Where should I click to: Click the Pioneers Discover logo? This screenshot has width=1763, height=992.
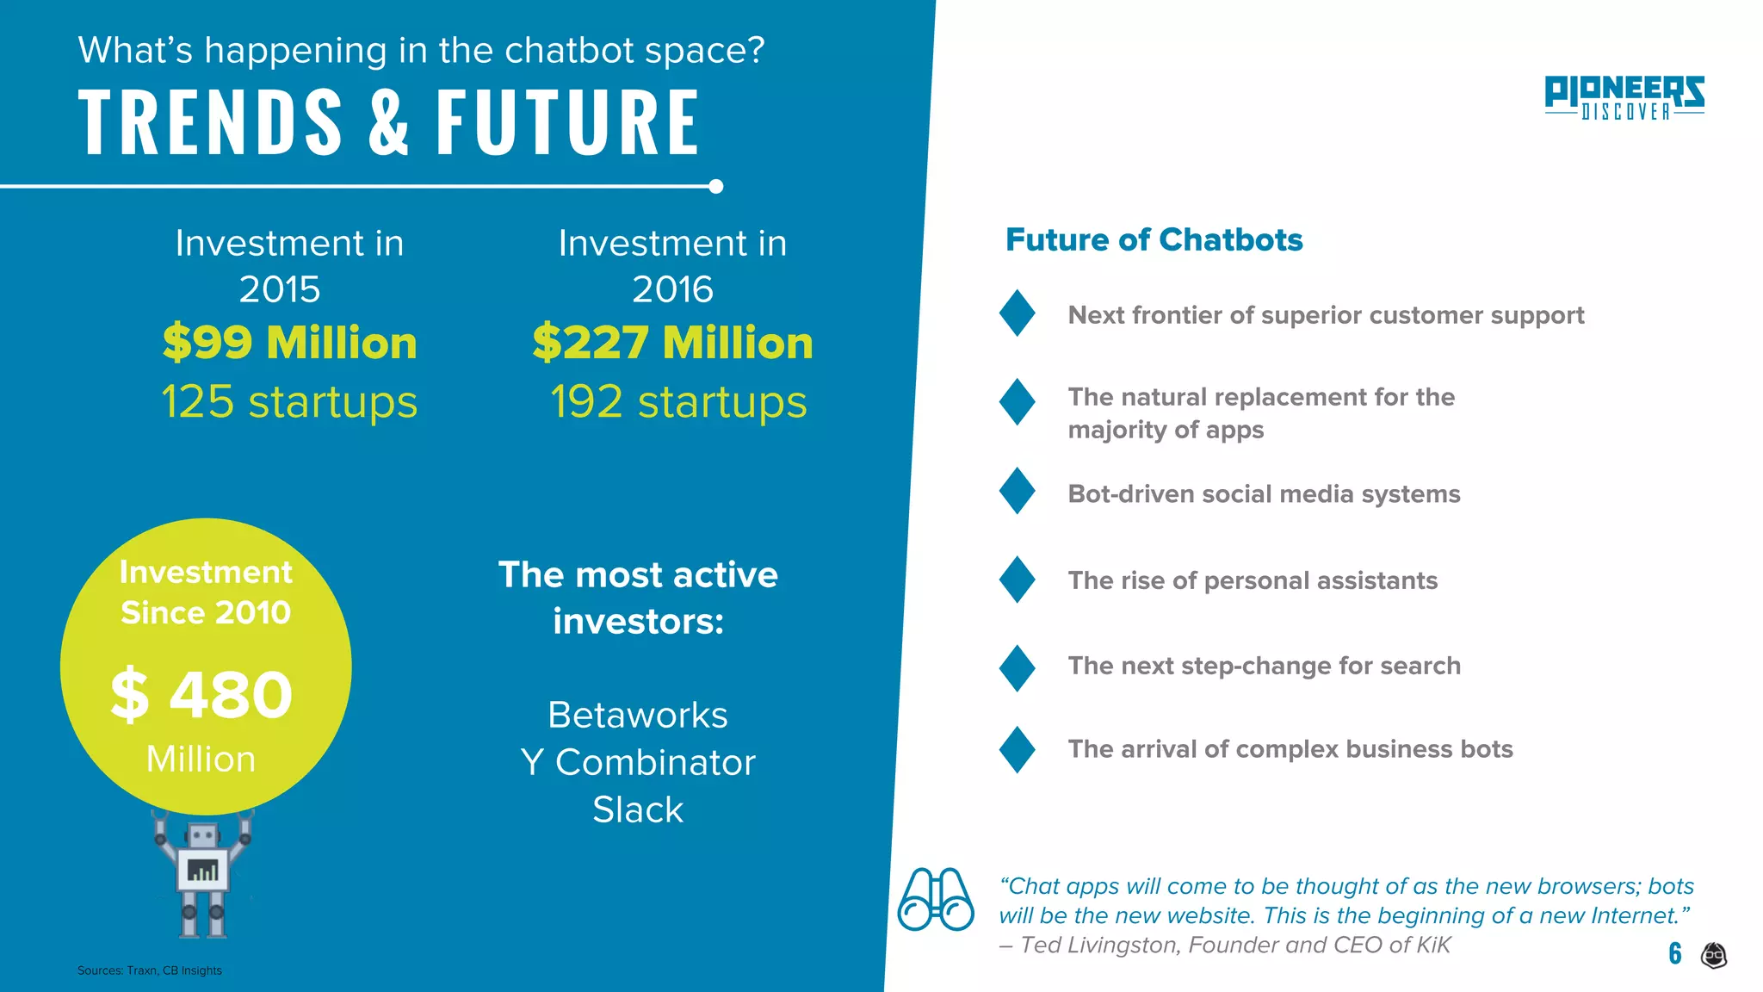pos(1624,97)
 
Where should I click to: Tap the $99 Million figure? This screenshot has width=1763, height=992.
pos(289,343)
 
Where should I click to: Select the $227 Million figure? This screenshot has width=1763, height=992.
pos(672,343)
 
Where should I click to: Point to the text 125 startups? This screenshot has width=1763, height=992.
pos(289,401)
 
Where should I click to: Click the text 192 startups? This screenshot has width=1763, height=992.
pos(678,401)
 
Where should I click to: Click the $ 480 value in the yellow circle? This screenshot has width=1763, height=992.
pos(202,694)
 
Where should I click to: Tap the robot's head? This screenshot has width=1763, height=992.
pos(203,834)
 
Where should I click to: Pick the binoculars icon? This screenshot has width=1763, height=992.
pos(935,899)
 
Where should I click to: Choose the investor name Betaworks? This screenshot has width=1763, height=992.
pos(638,715)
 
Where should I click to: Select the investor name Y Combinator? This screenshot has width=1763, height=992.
pos(638,762)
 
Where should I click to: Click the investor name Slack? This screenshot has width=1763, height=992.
pos(638,809)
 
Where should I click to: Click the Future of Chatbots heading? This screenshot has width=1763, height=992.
pos(1154,239)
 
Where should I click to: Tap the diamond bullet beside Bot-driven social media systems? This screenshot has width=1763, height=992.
pos(1017,491)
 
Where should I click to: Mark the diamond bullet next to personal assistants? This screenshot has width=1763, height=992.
pos(1017,579)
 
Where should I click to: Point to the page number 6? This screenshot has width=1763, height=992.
pos(1674,952)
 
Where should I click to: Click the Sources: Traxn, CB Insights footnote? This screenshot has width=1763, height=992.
pos(150,970)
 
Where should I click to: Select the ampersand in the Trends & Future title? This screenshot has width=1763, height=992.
pos(389,122)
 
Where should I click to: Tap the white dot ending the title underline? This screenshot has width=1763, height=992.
pos(715,187)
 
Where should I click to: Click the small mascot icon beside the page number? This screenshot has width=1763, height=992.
pos(1714,955)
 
